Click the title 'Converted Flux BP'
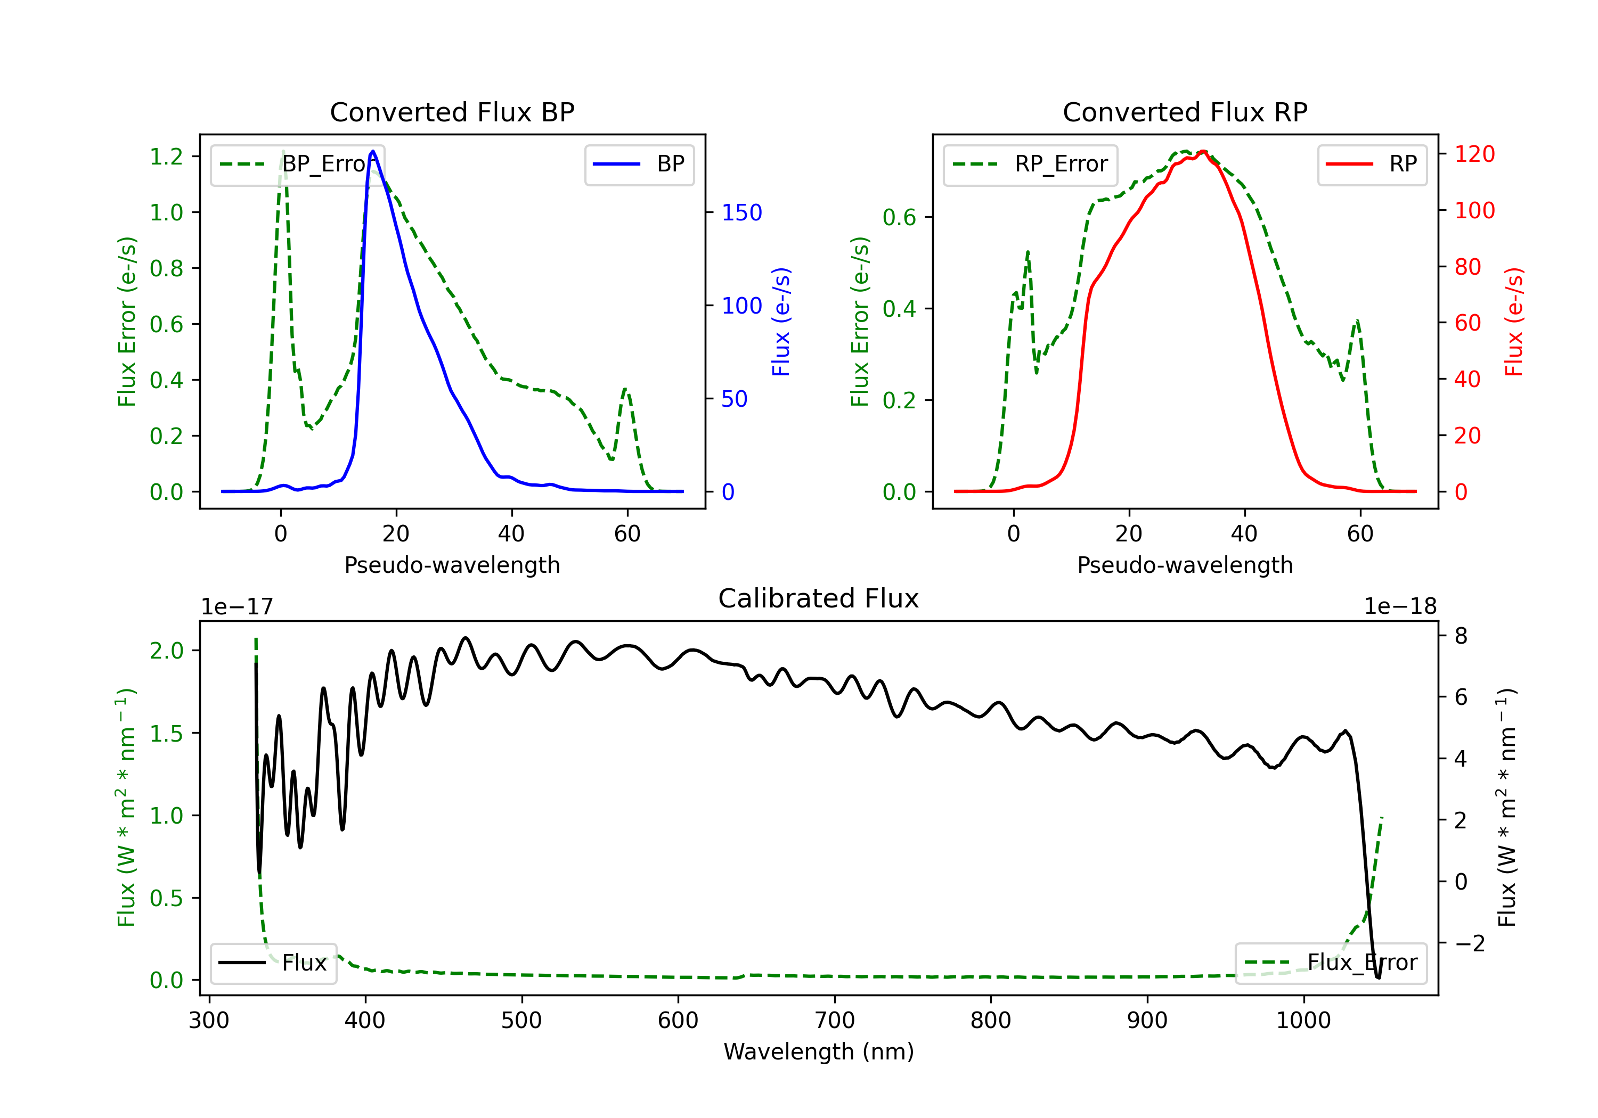(x=452, y=112)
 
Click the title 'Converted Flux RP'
(x=1185, y=112)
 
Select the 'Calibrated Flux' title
(x=819, y=598)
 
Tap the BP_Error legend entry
(x=297, y=164)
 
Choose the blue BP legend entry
(x=639, y=164)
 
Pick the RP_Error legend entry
(x=1030, y=164)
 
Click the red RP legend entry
(x=1372, y=164)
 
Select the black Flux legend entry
(x=273, y=963)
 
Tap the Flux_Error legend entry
(x=1331, y=963)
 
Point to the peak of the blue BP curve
(x=373, y=151)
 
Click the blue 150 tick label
(x=742, y=213)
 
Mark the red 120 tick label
(x=1475, y=154)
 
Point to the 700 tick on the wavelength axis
(x=835, y=1021)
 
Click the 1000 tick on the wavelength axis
(x=1303, y=1021)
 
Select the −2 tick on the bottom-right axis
(x=1469, y=943)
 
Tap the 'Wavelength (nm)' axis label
(x=819, y=1052)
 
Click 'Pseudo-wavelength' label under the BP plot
(x=452, y=565)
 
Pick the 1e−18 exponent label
(x=1400, y=607)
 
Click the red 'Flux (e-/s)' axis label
(x=1514, y=322)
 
